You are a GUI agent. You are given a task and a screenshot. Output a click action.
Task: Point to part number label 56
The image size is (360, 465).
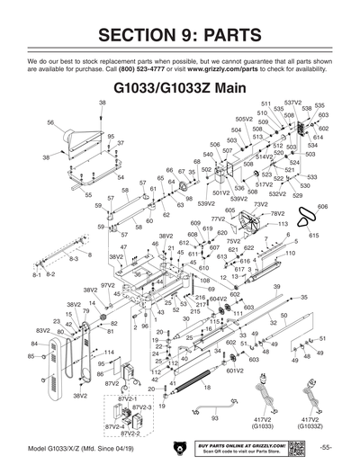50,122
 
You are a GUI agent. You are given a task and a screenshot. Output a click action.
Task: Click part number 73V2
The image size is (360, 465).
260,205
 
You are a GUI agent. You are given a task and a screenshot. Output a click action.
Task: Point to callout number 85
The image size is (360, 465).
31,356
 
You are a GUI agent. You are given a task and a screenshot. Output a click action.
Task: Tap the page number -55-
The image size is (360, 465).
326,448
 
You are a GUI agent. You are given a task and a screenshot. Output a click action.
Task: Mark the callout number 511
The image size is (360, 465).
265,104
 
